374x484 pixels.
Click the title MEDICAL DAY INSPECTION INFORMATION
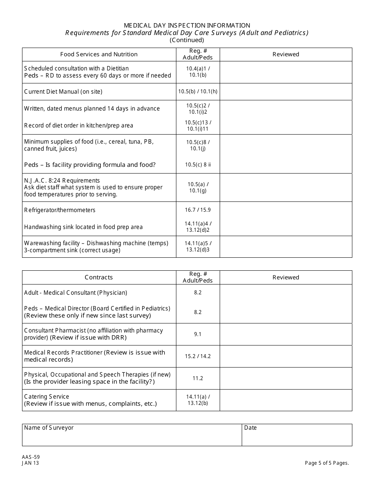[x=187, y=26]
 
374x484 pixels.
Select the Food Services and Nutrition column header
[x=99, y=54]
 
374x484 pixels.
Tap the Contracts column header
[x=99, y=277]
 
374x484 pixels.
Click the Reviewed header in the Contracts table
[x=286, y=277]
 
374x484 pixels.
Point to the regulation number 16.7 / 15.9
[x=198, y=210]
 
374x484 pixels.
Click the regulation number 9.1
[x=198, y=334]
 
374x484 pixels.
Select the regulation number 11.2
[x=198, y=378]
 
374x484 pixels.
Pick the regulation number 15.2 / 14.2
[x=198, y=356]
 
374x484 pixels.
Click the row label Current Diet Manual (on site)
[x=63, y=92]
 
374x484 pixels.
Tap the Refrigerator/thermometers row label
[x=59, y=210]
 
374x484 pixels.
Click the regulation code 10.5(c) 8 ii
[x=198, y=165]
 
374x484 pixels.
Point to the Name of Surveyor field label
[x=49, y=428]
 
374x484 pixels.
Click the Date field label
[x=250, y=428]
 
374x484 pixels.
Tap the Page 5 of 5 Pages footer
[x=327, y=463]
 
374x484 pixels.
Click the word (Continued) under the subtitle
[x=187, y=40]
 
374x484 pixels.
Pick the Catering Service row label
[x=46, y=397]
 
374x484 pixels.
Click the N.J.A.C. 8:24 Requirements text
[x=62, y=181]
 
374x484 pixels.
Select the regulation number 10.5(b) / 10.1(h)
[x=198, y=92]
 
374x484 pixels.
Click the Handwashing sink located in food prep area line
[x=83, y=227]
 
